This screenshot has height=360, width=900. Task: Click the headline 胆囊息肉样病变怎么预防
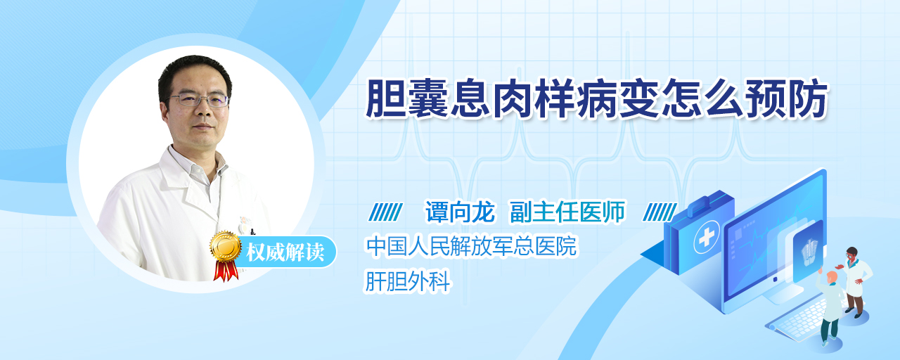596,99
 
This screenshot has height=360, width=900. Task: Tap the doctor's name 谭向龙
460,212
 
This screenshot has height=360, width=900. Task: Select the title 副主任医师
567,212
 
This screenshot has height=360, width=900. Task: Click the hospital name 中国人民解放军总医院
471,246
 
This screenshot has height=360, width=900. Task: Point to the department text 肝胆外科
407,281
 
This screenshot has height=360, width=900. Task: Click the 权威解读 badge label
285,252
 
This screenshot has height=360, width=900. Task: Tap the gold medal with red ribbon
226,255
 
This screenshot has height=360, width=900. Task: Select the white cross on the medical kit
706,238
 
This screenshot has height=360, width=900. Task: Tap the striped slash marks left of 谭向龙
385,212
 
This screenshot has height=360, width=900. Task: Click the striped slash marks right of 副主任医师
660,212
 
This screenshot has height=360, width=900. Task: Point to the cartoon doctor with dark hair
855,282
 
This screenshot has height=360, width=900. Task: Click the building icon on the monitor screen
809,252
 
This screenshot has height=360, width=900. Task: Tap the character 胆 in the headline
386,99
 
